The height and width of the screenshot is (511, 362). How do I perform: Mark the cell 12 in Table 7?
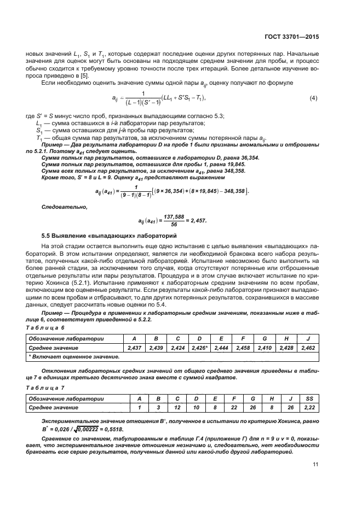177,407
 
